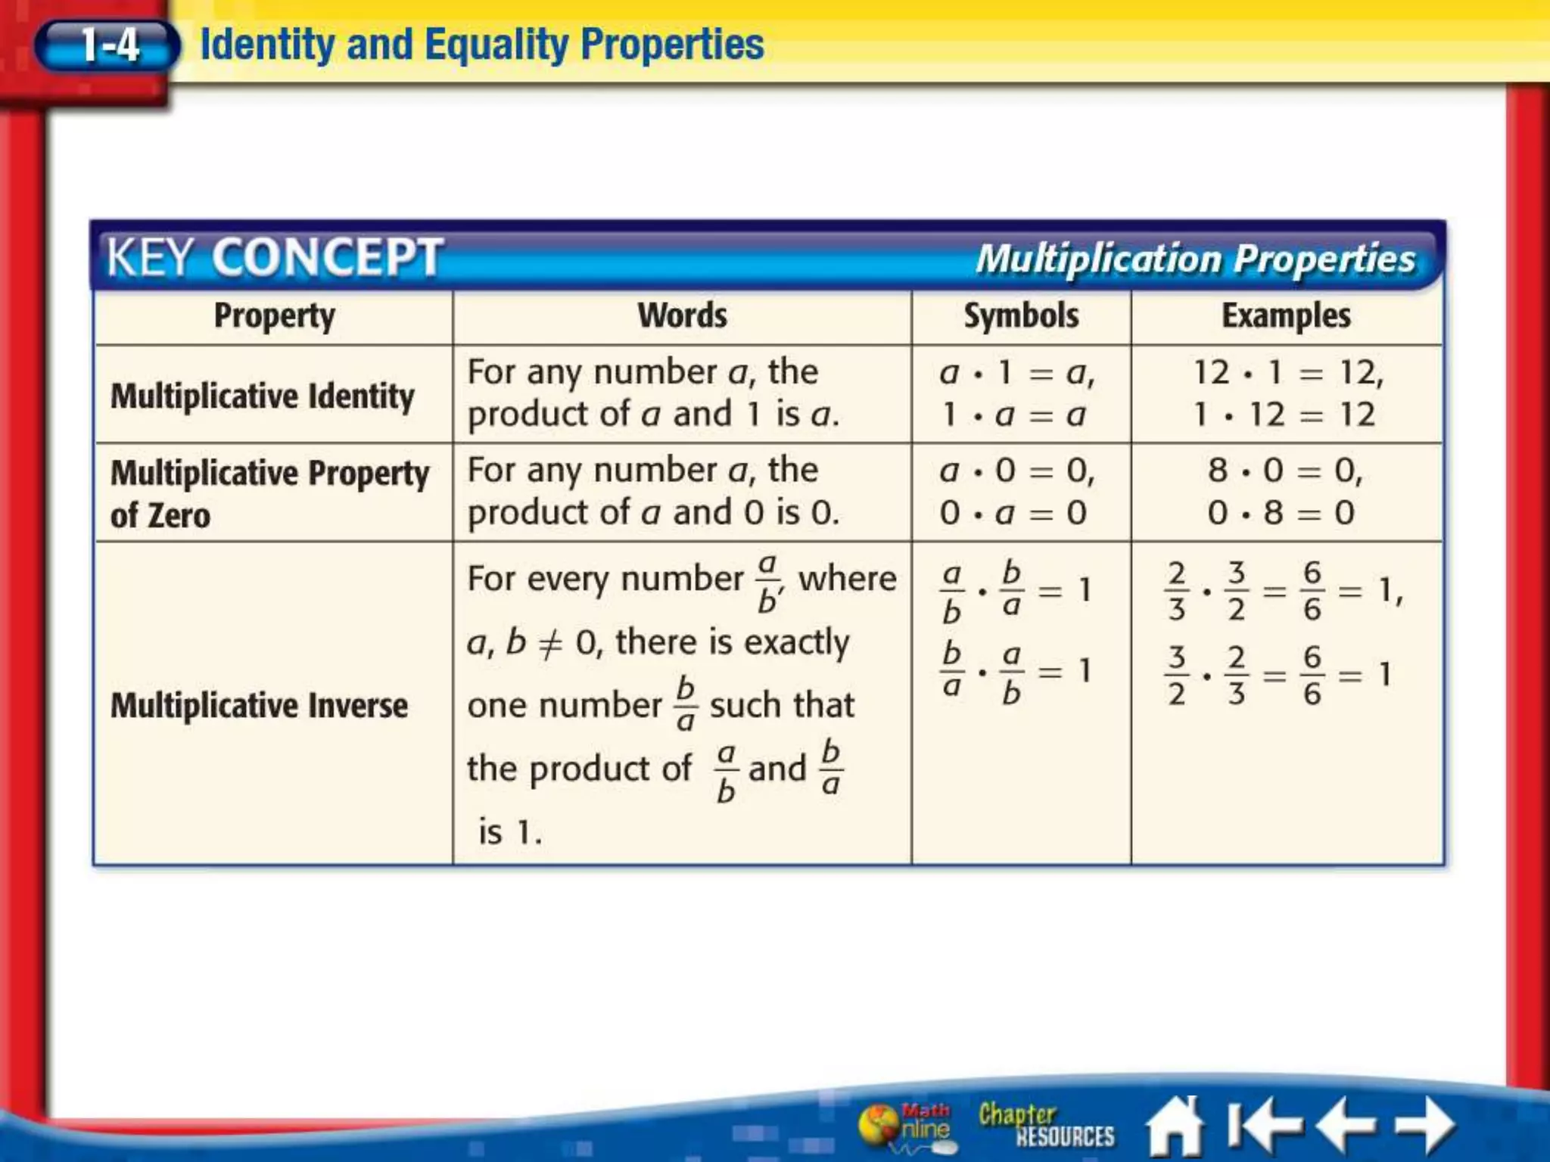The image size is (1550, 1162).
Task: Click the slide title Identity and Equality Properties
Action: [481, 44]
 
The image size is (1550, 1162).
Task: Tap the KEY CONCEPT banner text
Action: [274, 257]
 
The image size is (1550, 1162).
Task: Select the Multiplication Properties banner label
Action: [1195, 259]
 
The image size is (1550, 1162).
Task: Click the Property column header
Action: [274, 316]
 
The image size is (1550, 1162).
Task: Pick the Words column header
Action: [682, 316]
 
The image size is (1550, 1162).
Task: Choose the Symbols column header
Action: [1021, 316]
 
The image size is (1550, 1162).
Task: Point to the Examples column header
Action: [1286, 316]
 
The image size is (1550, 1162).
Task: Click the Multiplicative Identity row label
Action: [263, 396]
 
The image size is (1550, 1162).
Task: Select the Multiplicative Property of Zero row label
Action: [269, 493]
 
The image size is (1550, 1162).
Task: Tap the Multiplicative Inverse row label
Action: [259, 705]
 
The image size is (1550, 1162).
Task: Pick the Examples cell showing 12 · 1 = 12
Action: [1287, 393]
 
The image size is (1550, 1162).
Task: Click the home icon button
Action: [1175, 1126]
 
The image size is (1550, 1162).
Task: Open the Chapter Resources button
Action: [1046, 1126]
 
